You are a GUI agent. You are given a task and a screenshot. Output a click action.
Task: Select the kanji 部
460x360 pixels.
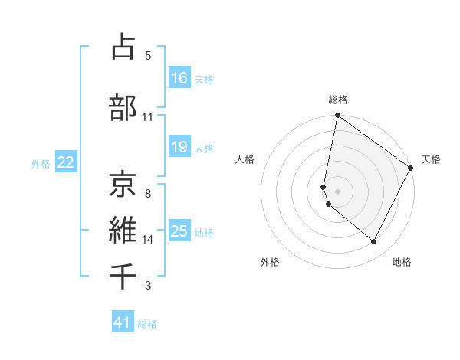coord(123,107)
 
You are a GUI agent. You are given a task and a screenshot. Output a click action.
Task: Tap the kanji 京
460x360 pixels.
coord(123,184)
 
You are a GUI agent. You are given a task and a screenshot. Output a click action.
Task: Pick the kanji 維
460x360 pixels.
coord(123,229)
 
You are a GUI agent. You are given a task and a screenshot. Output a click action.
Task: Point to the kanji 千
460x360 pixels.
coord(123,275)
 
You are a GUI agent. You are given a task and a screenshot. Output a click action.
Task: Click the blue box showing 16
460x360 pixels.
coord(179,78)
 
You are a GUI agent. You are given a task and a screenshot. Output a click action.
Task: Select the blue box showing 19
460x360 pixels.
coord(179,147)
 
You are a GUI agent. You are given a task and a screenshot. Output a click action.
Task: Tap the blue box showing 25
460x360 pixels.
coord(179,231)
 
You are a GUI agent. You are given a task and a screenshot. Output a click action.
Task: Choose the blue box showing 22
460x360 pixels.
coord(66,162)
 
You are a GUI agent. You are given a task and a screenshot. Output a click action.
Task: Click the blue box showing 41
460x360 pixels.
coord(123,323)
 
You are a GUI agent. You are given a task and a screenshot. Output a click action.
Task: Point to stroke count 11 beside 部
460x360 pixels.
coord(148,117)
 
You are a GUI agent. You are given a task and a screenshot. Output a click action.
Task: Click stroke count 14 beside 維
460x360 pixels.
coord(148,240)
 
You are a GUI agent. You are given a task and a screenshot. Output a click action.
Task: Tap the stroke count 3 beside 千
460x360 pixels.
coord(148,286)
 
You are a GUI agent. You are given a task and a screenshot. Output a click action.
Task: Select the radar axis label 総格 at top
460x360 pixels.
coord(338,100)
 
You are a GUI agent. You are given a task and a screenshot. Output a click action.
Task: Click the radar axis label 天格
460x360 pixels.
coord(431,159)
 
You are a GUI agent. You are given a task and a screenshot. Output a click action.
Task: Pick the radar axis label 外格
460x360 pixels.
coord(270,263)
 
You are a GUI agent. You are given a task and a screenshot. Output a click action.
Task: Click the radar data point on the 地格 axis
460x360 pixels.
coord(374,242)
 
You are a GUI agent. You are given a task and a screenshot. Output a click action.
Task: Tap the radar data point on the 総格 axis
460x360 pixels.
coord(337,116)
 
